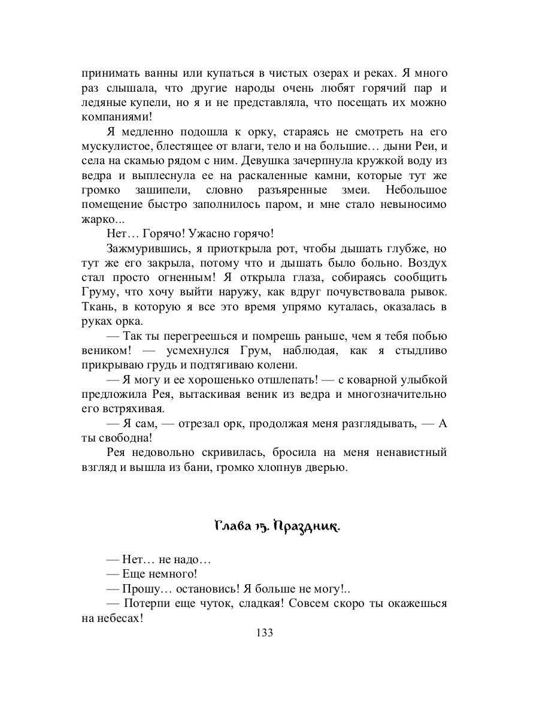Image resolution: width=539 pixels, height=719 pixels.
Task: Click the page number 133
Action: (x=264, y=633)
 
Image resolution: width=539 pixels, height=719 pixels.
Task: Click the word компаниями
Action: (x=112, y=117)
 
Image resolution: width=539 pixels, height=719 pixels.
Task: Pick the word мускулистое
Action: (x=113, y=146)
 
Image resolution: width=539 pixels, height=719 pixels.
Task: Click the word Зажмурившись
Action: (x=140, y=248)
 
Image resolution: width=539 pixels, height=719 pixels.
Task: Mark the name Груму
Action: (x=98, y=292)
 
